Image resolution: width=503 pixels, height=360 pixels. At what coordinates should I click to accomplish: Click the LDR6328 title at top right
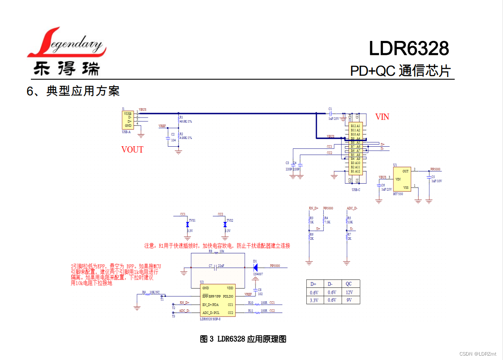[409, 48]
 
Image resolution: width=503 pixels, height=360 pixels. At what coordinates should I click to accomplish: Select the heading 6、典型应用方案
[73, 91]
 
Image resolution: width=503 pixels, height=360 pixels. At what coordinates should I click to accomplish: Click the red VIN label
[382, 117]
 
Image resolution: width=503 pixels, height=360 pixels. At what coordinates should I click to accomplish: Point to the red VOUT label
[132, 149]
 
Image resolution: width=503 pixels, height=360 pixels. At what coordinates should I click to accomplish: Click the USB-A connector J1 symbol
[128, 120]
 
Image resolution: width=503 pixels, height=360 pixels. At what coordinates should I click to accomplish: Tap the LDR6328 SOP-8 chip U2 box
[218, 300]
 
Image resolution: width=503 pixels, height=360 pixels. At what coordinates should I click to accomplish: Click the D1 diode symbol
[255, 266]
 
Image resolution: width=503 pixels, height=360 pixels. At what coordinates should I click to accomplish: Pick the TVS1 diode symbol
[188, 224]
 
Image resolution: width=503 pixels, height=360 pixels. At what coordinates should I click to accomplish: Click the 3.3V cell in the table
[314, 300]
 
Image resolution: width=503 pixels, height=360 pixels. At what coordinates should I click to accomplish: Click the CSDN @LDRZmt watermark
[477, 354]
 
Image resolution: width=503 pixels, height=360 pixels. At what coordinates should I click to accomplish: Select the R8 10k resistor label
[216, 251]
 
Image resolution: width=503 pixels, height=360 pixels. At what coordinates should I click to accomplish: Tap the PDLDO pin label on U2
[228, 296]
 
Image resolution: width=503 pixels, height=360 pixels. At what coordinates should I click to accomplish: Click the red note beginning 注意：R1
[217, 246]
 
